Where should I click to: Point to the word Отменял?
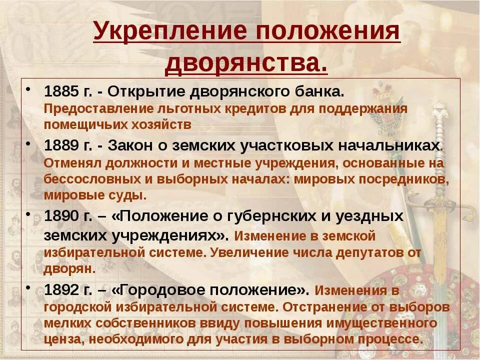click(x=67, y=163)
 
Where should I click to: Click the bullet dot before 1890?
click(x=30, y=214)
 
